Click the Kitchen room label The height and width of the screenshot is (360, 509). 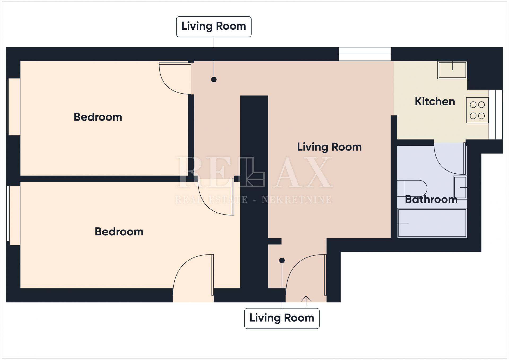click(435, 102)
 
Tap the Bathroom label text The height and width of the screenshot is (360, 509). click(431, 199)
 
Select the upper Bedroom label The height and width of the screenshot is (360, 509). click(98, 117)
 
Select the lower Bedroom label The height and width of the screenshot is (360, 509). click(119, 232)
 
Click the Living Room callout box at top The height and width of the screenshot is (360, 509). click(214, 27)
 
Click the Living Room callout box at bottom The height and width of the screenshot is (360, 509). click(282, 318)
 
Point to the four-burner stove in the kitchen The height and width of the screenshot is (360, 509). click(477, 110)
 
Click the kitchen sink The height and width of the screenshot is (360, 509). click(452, 70)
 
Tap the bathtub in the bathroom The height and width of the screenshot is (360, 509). click(432, 223)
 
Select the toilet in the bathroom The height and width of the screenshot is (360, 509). click(412, 188)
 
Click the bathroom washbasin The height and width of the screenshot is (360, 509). click(460, 187)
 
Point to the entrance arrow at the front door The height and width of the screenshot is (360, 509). click(306, 301)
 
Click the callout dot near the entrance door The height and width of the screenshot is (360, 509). click(282, 261)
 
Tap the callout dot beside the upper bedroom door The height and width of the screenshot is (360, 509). click(214, 80)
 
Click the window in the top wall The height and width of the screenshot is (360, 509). click(365, 54)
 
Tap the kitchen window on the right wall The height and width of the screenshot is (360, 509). click(495, 115)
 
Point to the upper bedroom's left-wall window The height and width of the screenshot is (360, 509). click(14, 107)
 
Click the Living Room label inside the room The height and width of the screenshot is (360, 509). click(329, 147)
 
